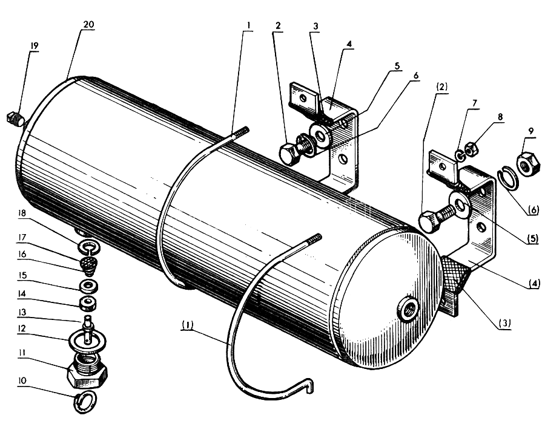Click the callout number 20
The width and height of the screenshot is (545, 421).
[x=88, y=25]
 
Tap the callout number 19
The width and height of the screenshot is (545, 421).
[x=34, y=46]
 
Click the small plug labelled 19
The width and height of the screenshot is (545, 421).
[x=16, y=118]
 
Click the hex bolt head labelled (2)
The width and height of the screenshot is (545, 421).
[x=429, y=222]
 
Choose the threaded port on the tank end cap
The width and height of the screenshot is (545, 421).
[x=409, y=307]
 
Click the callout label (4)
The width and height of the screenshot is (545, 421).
[x=534, y=284]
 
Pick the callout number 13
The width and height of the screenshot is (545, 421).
[x=22, y=313]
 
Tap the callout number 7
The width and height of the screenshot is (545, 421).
[x=475, y=103]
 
